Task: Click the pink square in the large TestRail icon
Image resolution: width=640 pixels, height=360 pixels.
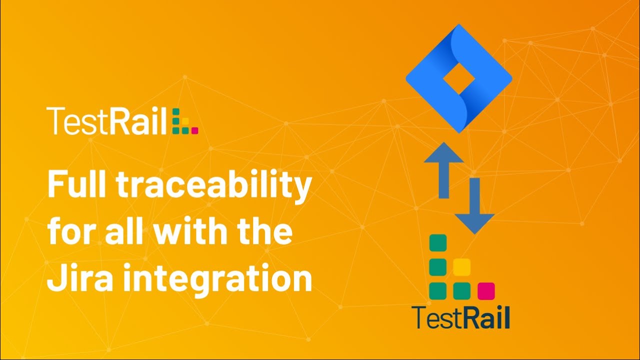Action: [x=486, y=290]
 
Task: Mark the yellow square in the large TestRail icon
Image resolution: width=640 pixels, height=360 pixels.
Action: [x=461, y=266]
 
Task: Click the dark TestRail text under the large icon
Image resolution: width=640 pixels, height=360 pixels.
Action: [x=460, y=317]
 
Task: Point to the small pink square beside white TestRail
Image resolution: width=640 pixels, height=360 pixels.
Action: [x=195, y=130]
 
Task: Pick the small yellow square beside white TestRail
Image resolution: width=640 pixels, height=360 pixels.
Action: [x=185, y=120]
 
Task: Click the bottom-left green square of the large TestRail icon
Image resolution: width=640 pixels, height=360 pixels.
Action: [x=438, y=290]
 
